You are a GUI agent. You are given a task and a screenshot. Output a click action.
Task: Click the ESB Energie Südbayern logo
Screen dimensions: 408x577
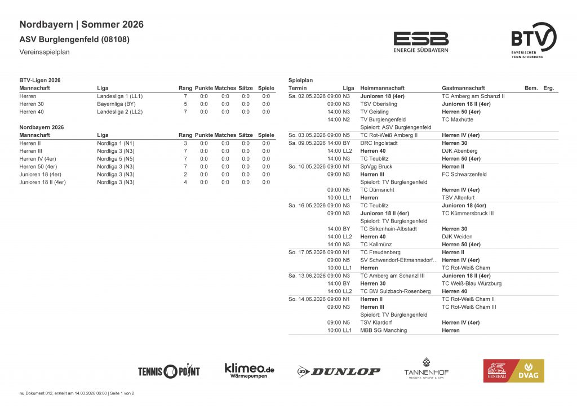pyautogui.click(x=421, y=42)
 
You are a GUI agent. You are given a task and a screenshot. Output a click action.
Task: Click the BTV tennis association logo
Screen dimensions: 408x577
pyautogui.click(x=533, y=41)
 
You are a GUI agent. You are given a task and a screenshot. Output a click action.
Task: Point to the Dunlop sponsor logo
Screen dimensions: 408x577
pyautogui.click(x=339, y=371)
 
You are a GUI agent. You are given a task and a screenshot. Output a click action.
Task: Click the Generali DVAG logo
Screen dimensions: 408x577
pyautogui.click(x=513, y=370)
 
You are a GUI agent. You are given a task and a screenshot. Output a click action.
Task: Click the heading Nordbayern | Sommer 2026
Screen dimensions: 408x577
pyautogui.click(x=81, y=24)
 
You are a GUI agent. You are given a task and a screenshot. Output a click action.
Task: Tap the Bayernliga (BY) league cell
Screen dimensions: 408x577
pyautogui.click(x=116, y=104)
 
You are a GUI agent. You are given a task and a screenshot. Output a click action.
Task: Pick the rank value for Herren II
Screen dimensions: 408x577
pyautogui.click(x=185, y=143)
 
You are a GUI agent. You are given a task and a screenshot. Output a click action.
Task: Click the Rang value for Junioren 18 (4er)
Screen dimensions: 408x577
pyautogui.click(x=185, y=175)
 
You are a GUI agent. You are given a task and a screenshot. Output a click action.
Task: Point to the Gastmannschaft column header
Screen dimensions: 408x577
pyautogui.click(x=463, y=88)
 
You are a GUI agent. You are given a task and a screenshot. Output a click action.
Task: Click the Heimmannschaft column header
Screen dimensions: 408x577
pyautogui.click(x=382, y=88)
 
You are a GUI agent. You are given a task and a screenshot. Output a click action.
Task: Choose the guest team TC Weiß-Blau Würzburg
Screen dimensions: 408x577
pyautogui.click(x=472, y=283)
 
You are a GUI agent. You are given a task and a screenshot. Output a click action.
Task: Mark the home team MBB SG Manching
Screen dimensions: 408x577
pyautogui.click(x=383, y=330)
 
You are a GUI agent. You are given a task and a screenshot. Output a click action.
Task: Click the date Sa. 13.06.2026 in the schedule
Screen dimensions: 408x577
pyautogui.click(x=307, y=276)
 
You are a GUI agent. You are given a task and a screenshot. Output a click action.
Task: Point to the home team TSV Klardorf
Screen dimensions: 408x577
pyautogui.click(x=376, y=322)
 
